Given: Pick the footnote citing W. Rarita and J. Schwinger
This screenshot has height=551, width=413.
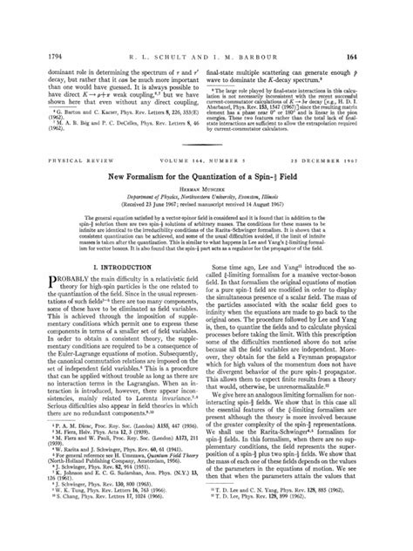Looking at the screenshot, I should [x=110, y=491].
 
